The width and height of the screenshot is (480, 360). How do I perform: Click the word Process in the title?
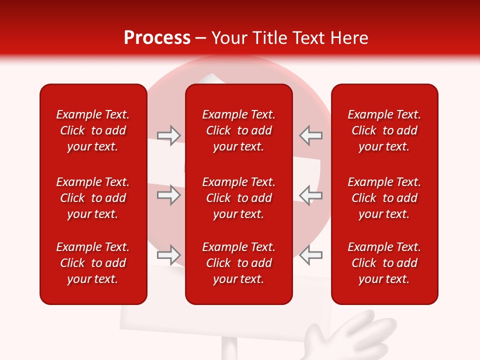pyautogui.click(x=157, y=38)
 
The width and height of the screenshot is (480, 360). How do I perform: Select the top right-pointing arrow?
pyautogui.click(x=168, y=135)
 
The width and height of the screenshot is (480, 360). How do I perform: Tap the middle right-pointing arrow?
pyautogui.click(x=168, y=195)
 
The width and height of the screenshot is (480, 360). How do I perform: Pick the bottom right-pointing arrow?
pyautogui.click(x=168, y=255)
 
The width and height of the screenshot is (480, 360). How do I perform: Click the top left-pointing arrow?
pyautogui.click(x=311, y=135)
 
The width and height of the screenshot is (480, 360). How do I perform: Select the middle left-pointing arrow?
pyautogui.click(x=311, y=195)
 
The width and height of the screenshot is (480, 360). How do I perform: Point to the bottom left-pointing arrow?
pyautogui.click(x=311, y=255)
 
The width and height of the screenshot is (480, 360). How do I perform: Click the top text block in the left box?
pyautogui.click(x=93, y=130)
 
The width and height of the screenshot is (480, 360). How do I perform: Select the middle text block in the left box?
pyautogui.click(x=93, y=198)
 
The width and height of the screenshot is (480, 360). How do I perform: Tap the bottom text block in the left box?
pyautogui.click(x=93, y=263)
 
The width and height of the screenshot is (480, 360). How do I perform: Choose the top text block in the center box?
pyautogui.click(x=238, y=130)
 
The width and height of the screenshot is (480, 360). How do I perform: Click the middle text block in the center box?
pyautogui.click(x=238, y=198)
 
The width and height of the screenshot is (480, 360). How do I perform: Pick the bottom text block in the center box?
pyautogui.click(x=238, y=263)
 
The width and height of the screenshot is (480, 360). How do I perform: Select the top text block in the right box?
pyautogui.click(x=384, y=130)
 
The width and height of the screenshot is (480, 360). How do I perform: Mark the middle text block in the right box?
pyautogui.click(x=384, y=198)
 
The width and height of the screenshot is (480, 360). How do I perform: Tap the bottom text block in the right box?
pyautogui.click(x=384, y=263)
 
